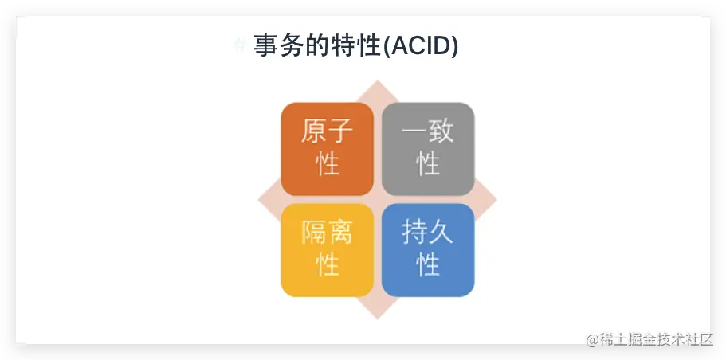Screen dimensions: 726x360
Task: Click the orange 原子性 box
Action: point(328,149)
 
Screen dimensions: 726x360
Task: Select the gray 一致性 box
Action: point(428,149)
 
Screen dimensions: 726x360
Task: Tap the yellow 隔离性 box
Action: point(328,250)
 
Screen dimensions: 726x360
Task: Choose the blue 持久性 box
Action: point(428,250)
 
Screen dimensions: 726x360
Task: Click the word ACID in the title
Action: point(422,46)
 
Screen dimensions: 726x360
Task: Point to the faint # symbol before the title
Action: point(239,46)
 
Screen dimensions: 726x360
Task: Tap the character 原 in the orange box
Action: point(314,131)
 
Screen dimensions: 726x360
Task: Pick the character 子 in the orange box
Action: point(341,131)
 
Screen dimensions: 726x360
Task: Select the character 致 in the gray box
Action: point(441,131)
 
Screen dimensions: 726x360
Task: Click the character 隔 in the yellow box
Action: point(314,232)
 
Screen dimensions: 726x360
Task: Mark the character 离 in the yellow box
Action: point(341,232)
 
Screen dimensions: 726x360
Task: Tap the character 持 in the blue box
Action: point(415,232)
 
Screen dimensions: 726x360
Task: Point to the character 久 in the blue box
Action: point(441,232)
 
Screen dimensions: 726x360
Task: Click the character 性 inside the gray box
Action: point(428,163)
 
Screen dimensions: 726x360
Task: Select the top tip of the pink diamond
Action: point(378,80)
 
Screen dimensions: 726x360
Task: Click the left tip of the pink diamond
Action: point(259,200)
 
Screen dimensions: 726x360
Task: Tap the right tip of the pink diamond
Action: point(496,200)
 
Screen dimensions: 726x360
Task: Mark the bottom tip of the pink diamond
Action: point(378,319)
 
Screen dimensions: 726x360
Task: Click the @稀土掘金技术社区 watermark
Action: point(649,339)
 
